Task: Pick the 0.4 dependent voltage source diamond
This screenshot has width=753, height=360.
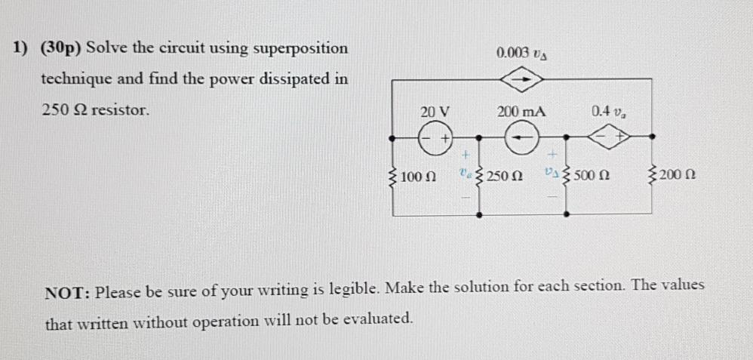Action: pos(612,137)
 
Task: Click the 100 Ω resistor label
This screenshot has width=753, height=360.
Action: pos(417,177)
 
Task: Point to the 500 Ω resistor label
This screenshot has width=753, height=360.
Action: pos(592,177)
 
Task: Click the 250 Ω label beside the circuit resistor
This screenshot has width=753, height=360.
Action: pos(505,177)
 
